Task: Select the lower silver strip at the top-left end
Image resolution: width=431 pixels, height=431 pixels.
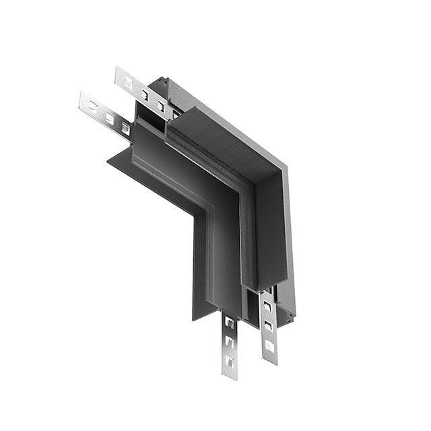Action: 104,114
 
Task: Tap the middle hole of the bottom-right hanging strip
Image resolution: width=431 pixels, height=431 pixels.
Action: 268,326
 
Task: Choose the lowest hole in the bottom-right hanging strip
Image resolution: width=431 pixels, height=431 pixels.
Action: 269,345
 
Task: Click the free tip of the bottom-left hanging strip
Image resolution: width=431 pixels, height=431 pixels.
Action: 230,376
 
